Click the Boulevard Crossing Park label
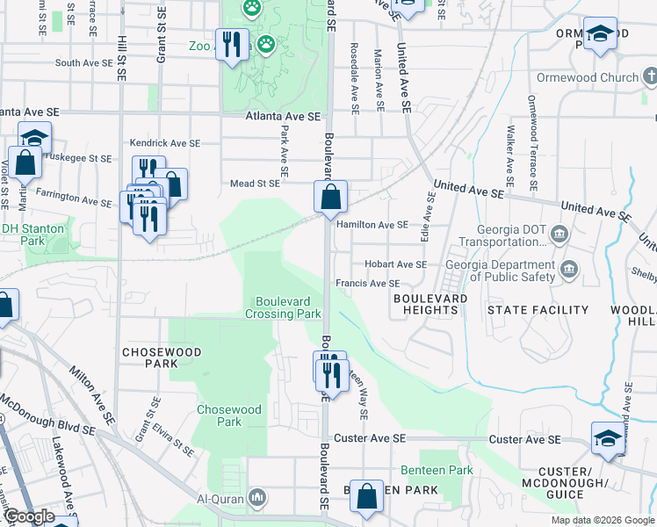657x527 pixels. click(283, 307)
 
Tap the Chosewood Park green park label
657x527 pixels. click(229, 415)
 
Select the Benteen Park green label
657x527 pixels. click(437, 470)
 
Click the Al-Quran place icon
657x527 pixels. click(257, 498)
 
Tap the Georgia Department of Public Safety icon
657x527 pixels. click(568, 267)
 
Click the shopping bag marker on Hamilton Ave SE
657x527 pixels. click(330, 199)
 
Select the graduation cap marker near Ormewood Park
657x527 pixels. click(600, 36)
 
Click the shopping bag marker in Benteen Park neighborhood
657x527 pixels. click(366, 497)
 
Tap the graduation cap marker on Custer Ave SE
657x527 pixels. click(609, 438)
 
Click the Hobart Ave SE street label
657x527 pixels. click(395, 264)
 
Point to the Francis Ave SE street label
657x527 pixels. click(368, 284)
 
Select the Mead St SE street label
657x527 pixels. click(255, 184)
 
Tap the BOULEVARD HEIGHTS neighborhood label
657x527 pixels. click(430, 305)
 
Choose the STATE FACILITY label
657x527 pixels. click(538, 310)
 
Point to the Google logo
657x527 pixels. click(29, 516)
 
